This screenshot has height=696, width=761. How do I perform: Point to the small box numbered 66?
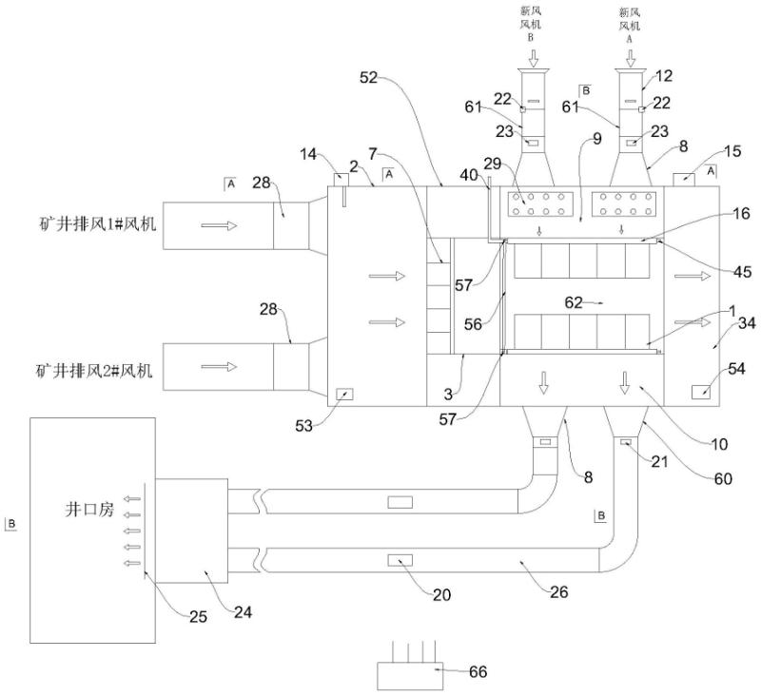tap(408, 675)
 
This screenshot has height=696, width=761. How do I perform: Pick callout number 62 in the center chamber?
tap(574, 300)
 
